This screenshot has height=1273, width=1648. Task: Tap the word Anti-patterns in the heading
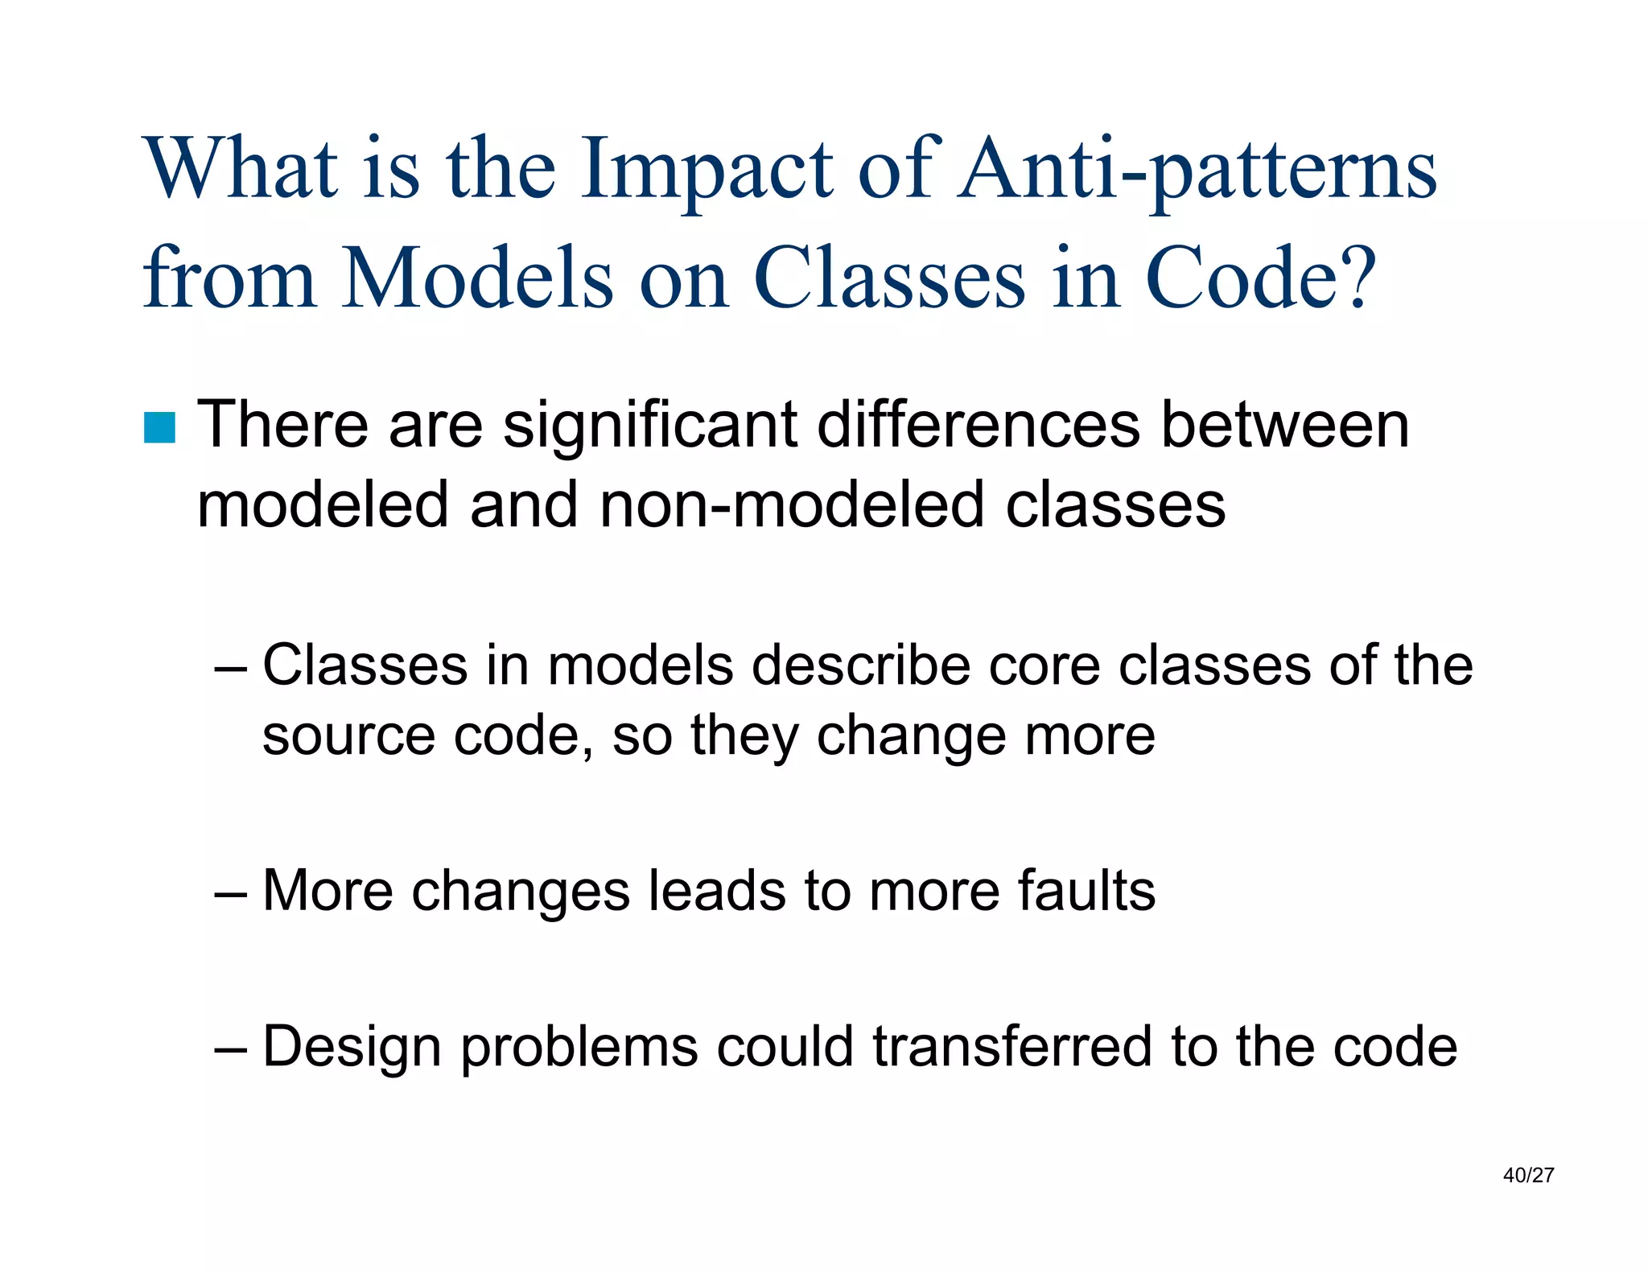tap(1197, 171)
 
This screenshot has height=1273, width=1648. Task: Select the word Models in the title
tap(478, 278)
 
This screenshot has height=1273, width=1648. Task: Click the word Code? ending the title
tap(1260, 278)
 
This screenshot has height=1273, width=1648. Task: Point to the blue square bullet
tap(159, 428)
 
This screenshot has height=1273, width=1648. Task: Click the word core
tap(1044, 666)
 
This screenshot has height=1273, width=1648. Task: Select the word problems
tap(579, 1048)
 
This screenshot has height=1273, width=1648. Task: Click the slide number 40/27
tap(1528, 1176)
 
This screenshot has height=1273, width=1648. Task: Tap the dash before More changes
tap(232, 893)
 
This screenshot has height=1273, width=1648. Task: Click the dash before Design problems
tap(232, 1049)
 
